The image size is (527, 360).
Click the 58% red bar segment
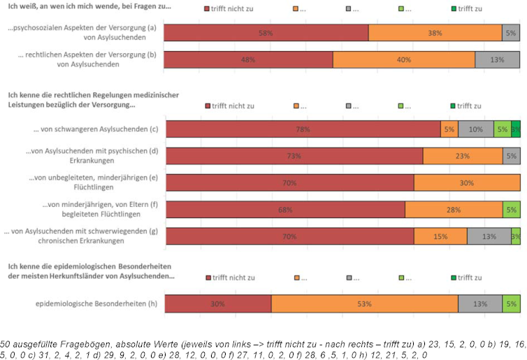[266, 33]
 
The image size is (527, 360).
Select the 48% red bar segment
[248, 59]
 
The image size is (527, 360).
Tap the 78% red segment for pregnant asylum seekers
[303, 129]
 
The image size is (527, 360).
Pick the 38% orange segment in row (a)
[435, 33]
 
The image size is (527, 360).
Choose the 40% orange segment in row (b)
[403, 59]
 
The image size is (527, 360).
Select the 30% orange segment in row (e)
[467, 182]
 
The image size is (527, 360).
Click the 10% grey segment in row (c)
[475, 129]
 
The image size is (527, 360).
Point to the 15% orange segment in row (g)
[440, 236]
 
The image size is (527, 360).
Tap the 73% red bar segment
[294, 156]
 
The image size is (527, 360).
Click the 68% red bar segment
[284, 210]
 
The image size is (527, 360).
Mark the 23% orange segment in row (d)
[463, 156]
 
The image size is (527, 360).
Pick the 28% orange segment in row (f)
[454, 210]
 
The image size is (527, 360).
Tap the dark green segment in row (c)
[516, 129]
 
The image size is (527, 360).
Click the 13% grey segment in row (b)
[497, 59]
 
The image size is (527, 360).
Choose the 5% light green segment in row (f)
[511, 210]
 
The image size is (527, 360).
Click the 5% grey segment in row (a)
[511, 33]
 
